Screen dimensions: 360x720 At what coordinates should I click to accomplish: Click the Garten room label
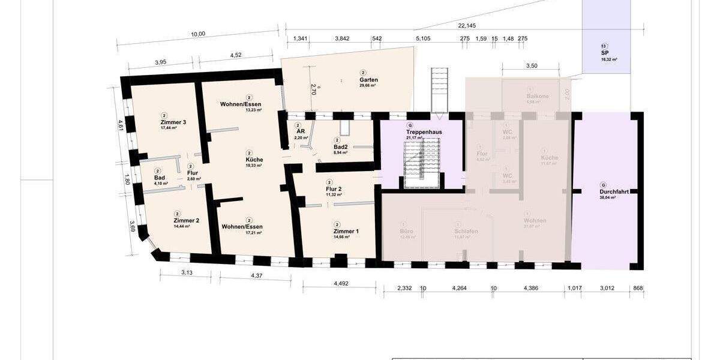pos(368,80)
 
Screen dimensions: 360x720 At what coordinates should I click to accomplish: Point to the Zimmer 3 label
pos(173,122)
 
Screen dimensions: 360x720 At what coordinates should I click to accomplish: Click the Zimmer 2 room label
pos(178,220)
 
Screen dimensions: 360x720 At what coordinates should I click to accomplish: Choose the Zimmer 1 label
pos(346,231)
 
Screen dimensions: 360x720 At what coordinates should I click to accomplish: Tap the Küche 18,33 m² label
pos(254,160)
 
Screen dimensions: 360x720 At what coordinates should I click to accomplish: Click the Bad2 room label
pos(341,147)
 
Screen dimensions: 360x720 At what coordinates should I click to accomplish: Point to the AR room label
pos(301,132)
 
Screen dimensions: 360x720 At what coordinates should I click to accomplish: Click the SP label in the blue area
pos(605,53)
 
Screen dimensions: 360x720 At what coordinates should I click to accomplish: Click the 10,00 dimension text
pos(198,34)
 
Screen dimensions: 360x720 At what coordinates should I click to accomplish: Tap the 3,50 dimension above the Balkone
pos(531,66)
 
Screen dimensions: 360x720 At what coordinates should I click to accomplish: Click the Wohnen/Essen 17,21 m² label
pos(250,226)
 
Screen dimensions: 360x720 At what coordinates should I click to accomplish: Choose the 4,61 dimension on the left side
pos(121,126)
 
